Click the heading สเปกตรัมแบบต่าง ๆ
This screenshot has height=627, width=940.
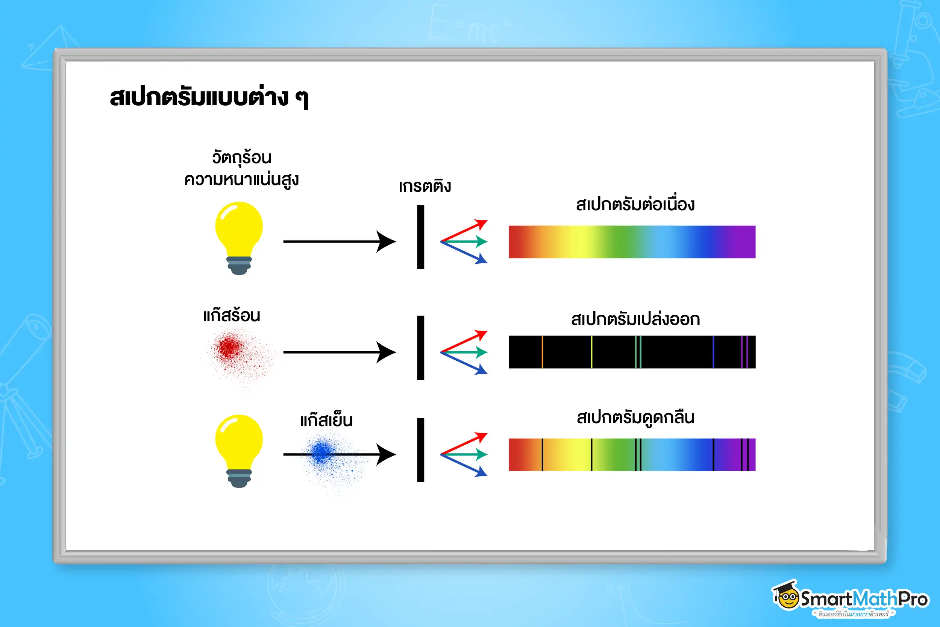pyautogui.click(x=209, y=97)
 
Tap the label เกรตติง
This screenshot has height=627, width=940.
pyautogui.click(x=425, y=186)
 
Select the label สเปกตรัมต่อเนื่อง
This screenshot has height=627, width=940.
pyautogui.click(x=635, y=204)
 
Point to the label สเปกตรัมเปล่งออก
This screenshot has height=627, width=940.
pyautogui.click(x=635, y=319)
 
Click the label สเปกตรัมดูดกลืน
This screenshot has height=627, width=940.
pyautogui.click(x=635, y=417)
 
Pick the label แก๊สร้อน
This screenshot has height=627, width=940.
pyautogui.click(x=231, y=316)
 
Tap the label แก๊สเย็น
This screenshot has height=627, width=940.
pyautogui.click(x=326, y=420)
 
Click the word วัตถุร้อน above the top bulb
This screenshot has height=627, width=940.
pyautogui.click(x=241, y=158)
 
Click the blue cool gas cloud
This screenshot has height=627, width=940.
pyautogui.click(x=322, y=452)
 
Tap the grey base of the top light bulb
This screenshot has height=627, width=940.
pyautogui.click(x=239, y=265)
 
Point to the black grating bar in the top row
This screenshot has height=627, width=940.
pyautogui.click(x=420, y=237)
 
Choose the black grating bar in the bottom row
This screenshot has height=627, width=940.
pyautogui.click(x=420, y=450)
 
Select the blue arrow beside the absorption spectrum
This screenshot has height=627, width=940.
pyautogui.click(x=465, y=466)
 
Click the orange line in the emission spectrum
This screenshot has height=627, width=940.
pyautogui.click(x=542, y=352)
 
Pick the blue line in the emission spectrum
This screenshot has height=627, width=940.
pyautogui.click(x=713, y=352)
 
